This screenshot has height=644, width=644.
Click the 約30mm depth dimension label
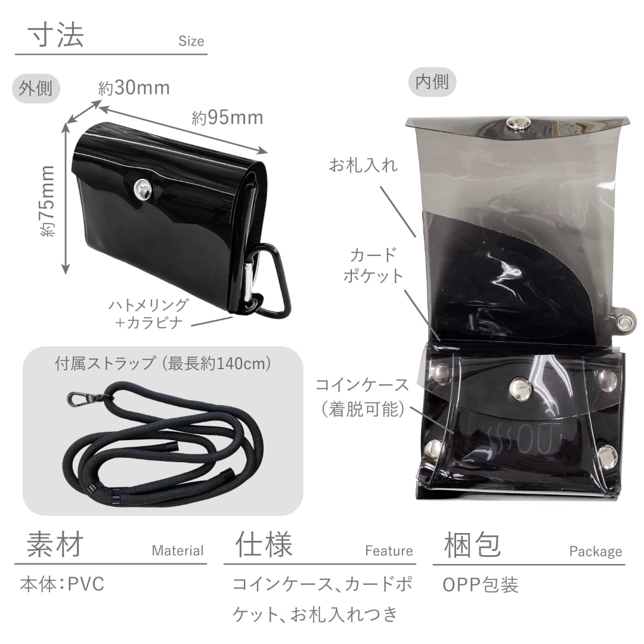[x=134, y=88]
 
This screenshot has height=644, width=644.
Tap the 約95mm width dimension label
[x=227, y=117]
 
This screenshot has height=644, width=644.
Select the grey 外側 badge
[x=36, y=89]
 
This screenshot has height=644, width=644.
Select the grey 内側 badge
[x=432, y=81]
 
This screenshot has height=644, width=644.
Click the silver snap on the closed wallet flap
[x=143, y=189]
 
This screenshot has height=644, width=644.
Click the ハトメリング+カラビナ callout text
[x=148, y=314]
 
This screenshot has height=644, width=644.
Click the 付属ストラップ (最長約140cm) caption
[x=163, y=363]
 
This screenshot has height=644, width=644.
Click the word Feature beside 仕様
[x=389, y=551]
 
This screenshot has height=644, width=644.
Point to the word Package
[x=595, y=551]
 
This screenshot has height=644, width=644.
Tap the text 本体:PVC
[x=62, y=584]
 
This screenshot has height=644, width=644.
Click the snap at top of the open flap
[x=516, y=123]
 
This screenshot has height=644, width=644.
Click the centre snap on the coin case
[x=519, y=388]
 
